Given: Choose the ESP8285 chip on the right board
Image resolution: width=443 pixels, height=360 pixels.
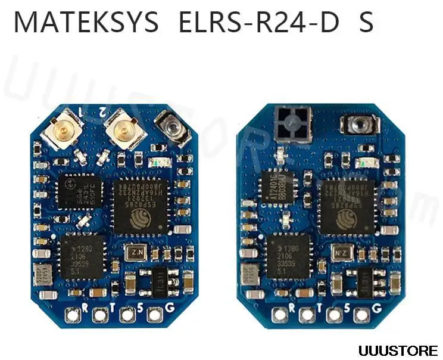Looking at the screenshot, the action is click(347, 206).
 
